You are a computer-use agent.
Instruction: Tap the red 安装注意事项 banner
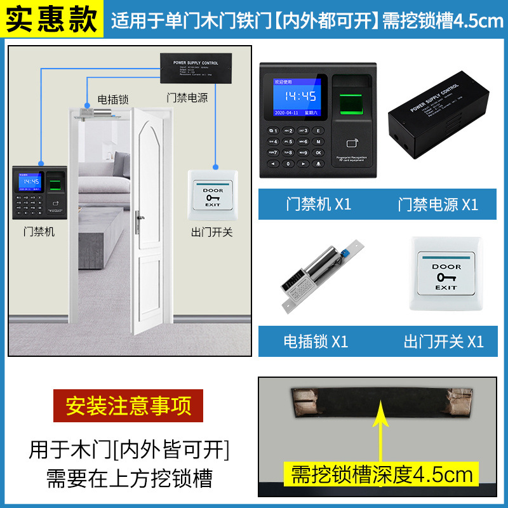[128, 406]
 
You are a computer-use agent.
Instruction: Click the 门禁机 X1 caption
[318, 204]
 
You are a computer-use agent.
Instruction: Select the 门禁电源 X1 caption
[438, 204]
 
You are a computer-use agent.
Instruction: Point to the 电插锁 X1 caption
[316, 341]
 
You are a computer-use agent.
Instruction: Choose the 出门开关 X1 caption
[443, 341]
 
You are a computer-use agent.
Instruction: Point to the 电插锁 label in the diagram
[113, 100]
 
